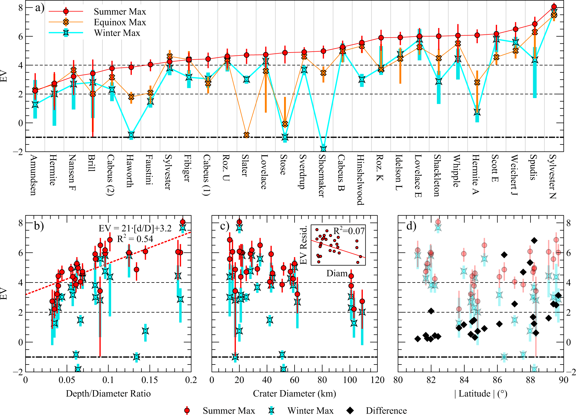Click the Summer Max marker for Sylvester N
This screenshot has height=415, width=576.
554,7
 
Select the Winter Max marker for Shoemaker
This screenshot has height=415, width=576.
323,149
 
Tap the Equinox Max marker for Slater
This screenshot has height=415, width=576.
246,135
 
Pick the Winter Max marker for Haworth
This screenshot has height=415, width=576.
131,135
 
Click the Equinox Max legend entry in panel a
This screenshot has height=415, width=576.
120,22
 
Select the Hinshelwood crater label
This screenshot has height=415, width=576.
360,179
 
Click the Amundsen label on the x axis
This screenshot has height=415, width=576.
34,175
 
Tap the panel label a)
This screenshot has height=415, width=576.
40,8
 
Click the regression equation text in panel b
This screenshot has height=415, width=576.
135,228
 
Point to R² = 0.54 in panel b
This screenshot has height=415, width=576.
135,239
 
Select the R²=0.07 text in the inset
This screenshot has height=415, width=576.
349,231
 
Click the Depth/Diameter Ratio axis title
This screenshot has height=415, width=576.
108,393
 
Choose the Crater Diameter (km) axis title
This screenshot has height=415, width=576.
294,393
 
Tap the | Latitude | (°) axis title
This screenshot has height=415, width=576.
481,393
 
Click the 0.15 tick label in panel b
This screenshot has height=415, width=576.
150,380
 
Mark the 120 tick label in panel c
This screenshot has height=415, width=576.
377,380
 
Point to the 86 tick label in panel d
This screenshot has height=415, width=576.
497,380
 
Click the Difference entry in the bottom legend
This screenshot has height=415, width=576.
386,411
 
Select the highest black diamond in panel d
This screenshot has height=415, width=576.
534,240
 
